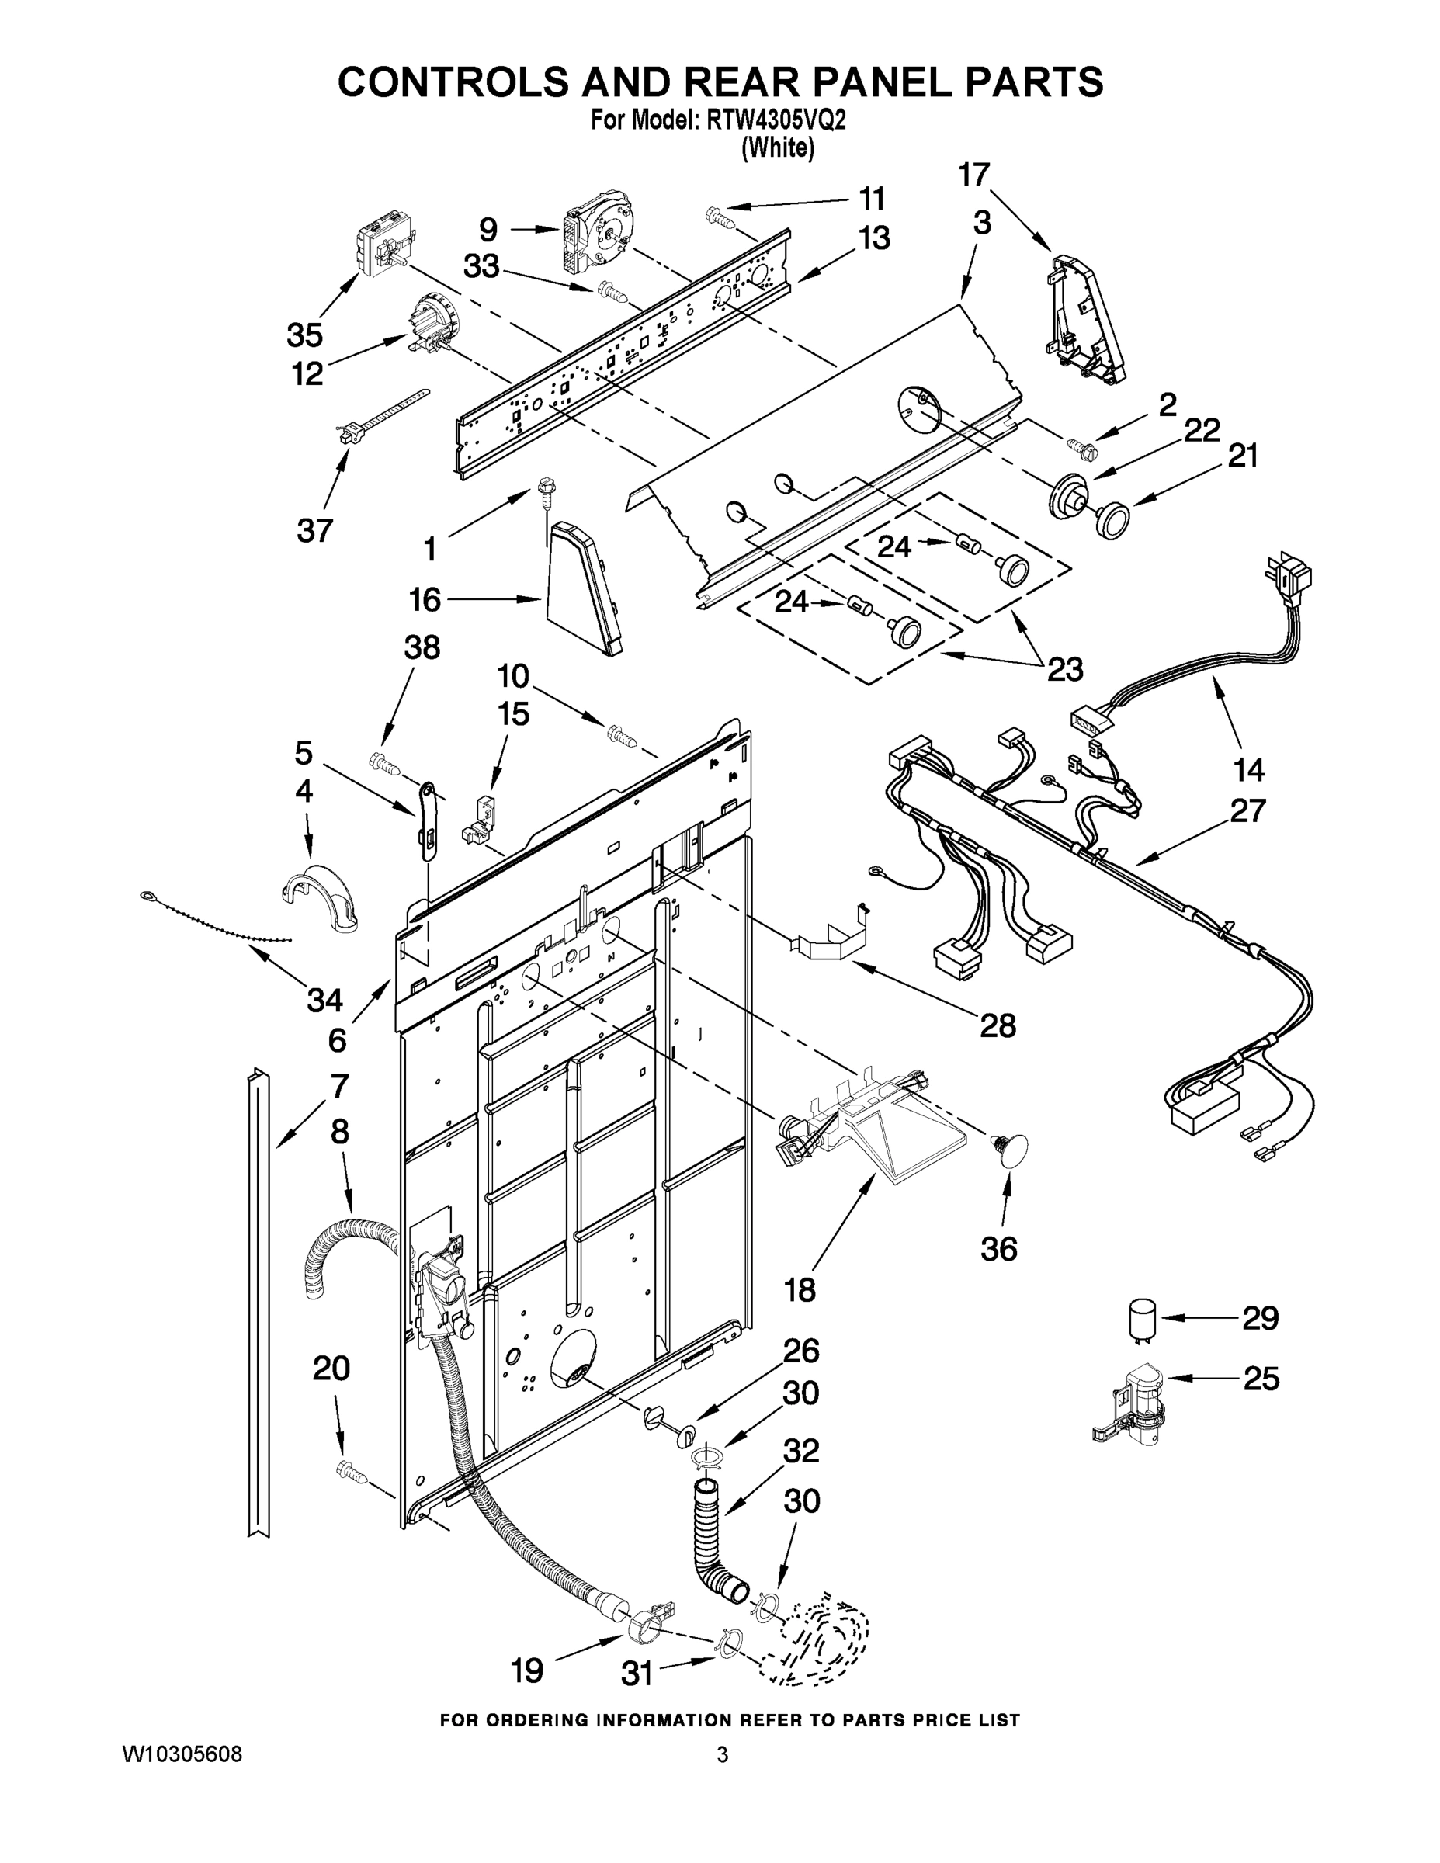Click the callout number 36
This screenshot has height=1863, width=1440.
[x=999, y=1249]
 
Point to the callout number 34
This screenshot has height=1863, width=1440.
[x=324, y=999]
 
